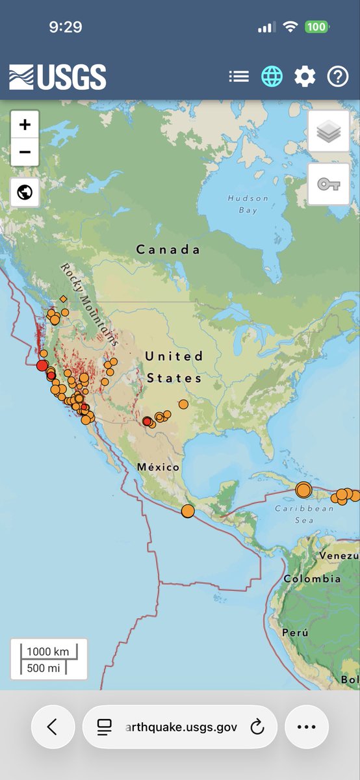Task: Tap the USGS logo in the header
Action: coord(57,77)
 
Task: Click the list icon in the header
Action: coord(238,77)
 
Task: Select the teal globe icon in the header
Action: coord(272,77)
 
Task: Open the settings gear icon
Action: coord(305,77)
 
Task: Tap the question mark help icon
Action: coord(338,77)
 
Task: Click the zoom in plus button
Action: coord(25,125)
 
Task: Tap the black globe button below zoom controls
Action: coord(25,193)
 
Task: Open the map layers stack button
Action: coord(328,132)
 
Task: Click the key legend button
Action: coord(328,185)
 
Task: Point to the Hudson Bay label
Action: coord(248,204)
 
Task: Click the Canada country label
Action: coord(168,250)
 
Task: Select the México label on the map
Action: coord(158,467)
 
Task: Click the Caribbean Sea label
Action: coord(295,514)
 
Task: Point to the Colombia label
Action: coord(312,578)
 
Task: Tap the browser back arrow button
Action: coord(53,727)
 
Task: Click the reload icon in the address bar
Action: coord(257,727)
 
